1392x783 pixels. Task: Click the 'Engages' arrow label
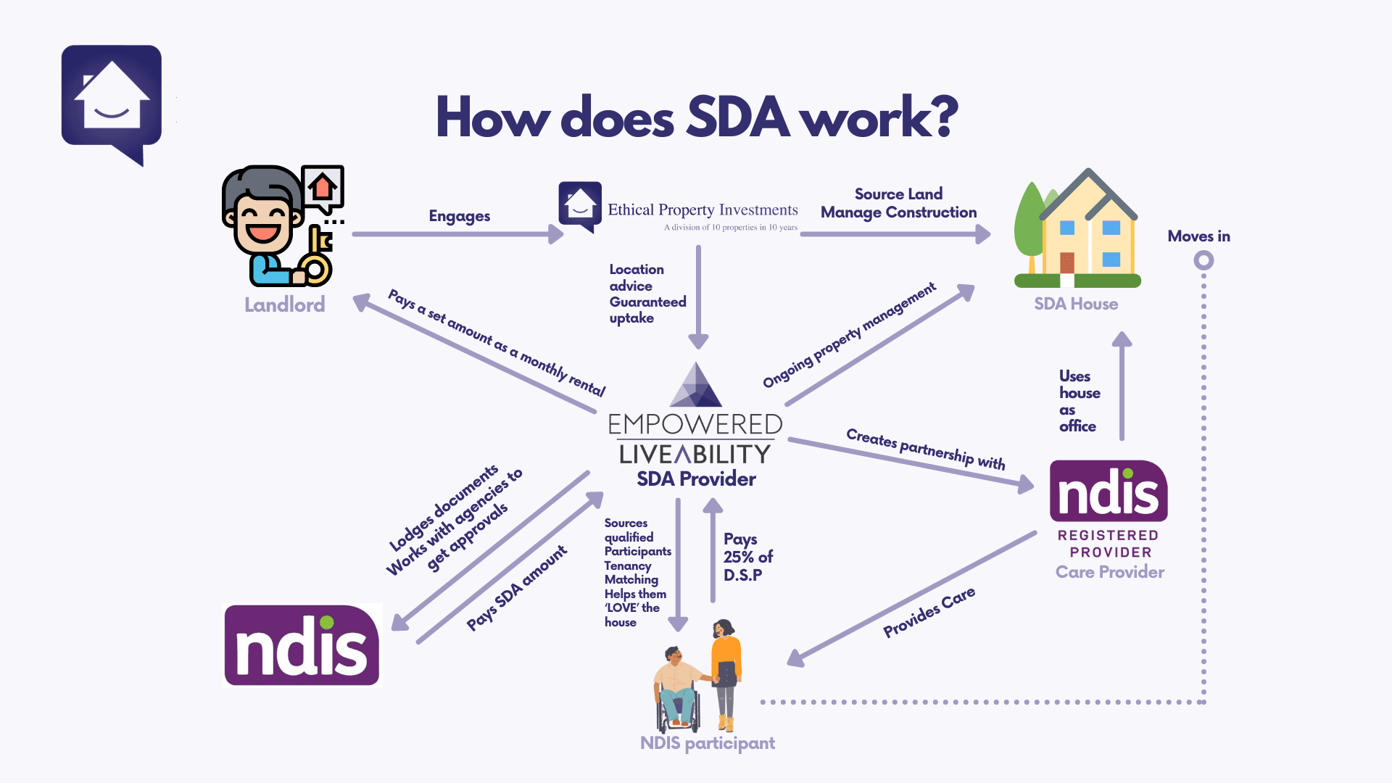tap(459, 216)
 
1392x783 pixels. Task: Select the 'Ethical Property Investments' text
tap(702, 210)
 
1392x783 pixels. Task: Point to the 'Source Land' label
tap(898, 194)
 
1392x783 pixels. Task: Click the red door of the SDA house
tap(1066, 262)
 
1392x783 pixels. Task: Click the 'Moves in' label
tap(1198, 236)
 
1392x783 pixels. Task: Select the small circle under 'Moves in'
tap(1203, 260)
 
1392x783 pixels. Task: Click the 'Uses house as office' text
tap(1079, 401)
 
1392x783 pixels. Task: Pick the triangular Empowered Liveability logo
tap(696, 386)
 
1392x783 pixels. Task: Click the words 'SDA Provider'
tap(696, 478)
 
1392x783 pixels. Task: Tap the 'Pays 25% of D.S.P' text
tap(747, 557)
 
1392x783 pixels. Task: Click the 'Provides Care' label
tap(929, 613)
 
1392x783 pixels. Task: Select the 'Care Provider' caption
tap(1109, 572)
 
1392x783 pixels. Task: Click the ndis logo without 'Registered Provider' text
tap(302, 645)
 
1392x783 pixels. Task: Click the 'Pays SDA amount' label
tap(516, 589)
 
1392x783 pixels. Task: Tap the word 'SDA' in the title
tap(737, 117)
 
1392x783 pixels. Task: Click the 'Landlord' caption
tap(284, 304)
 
